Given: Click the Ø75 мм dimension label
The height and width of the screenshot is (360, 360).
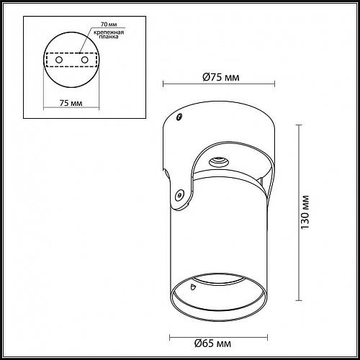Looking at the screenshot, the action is (221, 77).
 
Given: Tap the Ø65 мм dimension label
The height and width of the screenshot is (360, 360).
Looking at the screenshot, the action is (212, 343).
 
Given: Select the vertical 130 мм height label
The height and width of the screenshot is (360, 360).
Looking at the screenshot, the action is (305, 212).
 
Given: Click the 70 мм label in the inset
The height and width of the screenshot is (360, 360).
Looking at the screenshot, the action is (109, 24).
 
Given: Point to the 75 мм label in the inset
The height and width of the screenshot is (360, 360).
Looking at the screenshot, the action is (71, 103).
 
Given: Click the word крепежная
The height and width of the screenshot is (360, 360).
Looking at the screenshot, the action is (109, 32).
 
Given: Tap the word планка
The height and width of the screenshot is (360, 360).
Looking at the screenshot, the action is (109, 37).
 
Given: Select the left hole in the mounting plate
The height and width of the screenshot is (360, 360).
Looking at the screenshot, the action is (59, 60).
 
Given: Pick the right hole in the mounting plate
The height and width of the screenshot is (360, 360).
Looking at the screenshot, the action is (84, 60).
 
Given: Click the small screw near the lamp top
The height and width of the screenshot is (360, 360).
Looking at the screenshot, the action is (179, 117).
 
